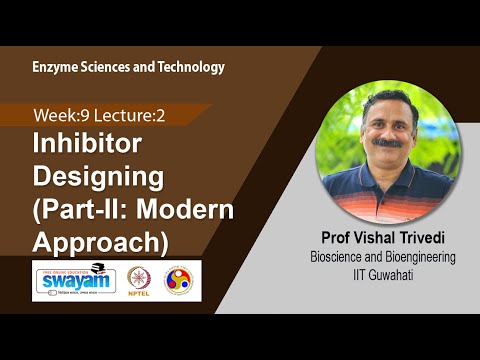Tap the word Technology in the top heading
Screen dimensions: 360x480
click(x=190, y=67)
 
